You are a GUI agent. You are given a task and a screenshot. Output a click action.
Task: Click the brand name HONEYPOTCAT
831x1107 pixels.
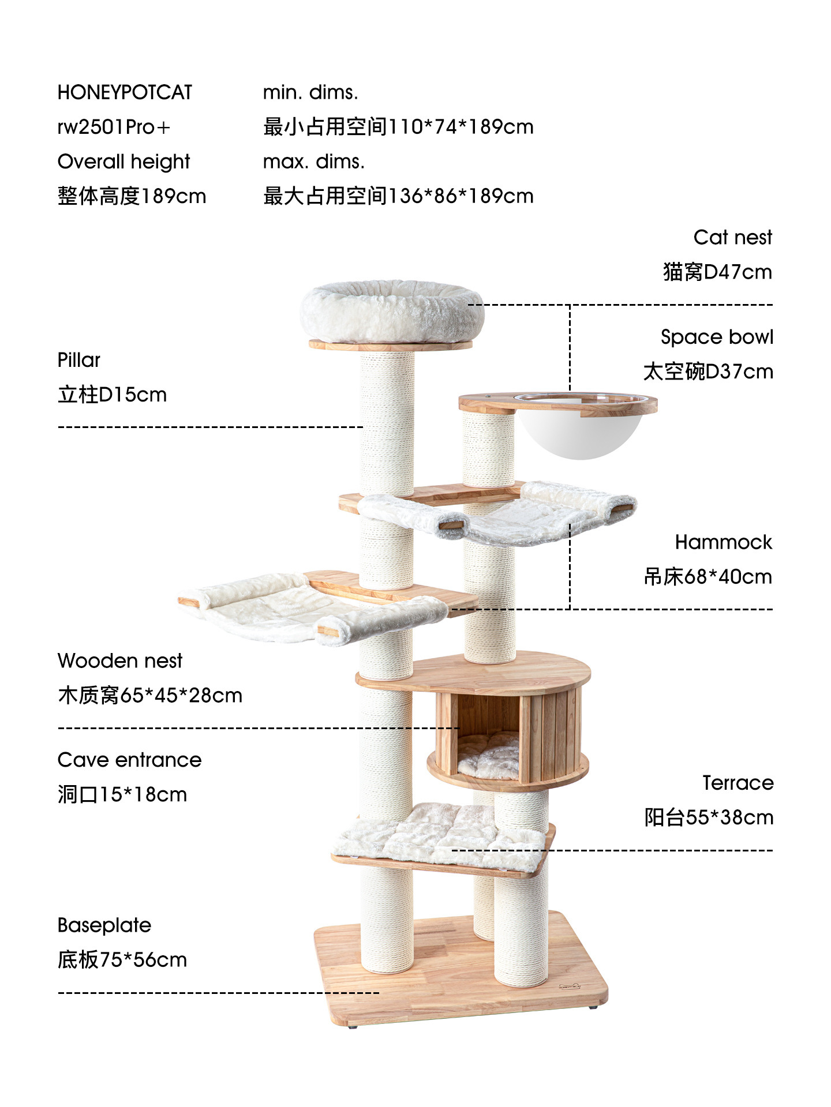125,93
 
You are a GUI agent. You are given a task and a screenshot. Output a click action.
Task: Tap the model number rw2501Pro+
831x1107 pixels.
114,127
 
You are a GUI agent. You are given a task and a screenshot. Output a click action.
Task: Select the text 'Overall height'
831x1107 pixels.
123,162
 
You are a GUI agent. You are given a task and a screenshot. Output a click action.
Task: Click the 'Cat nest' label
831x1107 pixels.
732,238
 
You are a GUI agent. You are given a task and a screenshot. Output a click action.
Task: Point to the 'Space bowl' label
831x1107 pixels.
716,337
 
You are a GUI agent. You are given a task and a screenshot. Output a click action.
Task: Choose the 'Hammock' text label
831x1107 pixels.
723,542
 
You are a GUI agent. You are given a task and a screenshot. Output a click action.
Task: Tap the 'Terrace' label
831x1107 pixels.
738,783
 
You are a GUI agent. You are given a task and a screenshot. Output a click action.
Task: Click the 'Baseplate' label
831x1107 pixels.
104,925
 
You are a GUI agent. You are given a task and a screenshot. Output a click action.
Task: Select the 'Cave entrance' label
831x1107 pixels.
129,760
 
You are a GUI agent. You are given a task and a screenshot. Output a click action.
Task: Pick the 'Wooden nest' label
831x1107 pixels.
120,661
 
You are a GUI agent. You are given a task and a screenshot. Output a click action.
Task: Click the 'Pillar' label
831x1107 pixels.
79,361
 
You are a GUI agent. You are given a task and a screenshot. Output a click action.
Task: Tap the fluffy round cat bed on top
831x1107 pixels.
391,312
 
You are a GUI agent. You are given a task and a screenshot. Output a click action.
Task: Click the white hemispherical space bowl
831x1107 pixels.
580,433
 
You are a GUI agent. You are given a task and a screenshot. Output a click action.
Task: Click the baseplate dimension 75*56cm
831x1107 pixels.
143,960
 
